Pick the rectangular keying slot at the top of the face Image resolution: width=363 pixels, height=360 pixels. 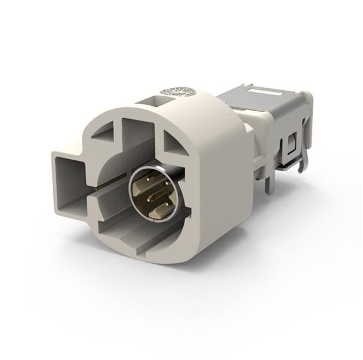click(136, 130)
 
